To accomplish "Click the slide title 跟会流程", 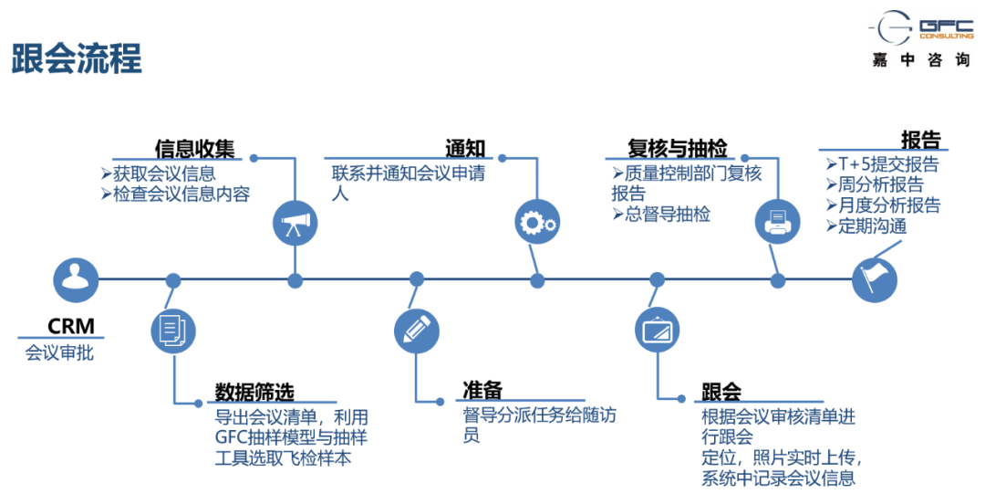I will point(77,58).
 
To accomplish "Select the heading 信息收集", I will point(195,149).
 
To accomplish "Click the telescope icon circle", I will point(295,222).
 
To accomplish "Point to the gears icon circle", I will point(536,222).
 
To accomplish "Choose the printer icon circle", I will point(778,222).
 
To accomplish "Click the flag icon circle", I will point(875,279).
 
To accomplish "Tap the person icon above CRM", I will point(75,279).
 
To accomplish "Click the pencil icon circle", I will point(416,330).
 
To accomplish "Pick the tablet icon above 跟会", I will point(658,330).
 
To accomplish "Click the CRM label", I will point(71,327).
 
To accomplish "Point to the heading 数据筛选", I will point(254,393).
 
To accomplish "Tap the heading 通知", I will point(465,149).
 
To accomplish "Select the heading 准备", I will point(482,392).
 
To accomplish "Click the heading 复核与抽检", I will point(678,149).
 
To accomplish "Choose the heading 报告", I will point(920,140).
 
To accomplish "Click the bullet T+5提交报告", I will point(882,165).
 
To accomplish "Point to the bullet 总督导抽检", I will point(661,215).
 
